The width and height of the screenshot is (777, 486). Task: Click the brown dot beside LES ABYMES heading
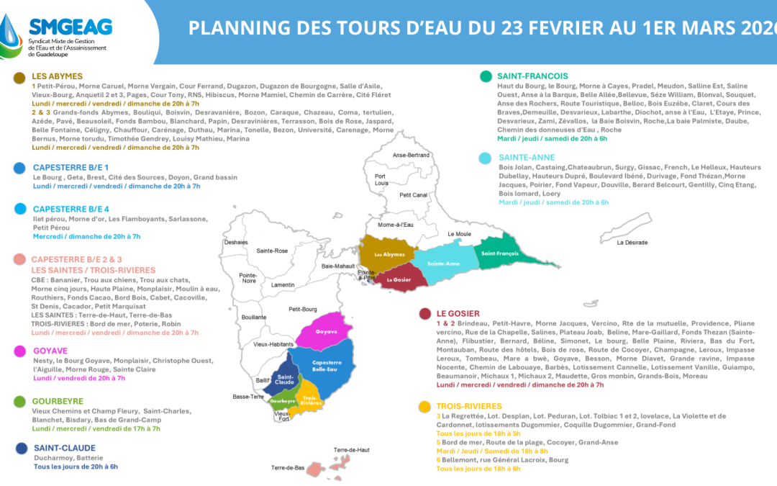[19, 77]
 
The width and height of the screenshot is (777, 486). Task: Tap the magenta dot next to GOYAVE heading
[19, 352]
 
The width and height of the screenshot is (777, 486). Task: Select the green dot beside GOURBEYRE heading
[19, 402]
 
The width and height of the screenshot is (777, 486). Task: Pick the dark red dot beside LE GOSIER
[424, 313]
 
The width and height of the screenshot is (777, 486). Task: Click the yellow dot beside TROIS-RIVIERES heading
[424, 406]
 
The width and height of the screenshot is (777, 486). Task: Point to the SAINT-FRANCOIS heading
[532, 76]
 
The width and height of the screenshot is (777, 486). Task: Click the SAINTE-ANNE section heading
[524, 157]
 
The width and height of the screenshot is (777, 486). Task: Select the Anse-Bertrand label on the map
[411, 156]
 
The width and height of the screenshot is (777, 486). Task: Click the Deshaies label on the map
[235, 242]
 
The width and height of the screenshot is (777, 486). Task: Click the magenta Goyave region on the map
[326, 332]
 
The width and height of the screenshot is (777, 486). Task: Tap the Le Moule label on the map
[459, 234]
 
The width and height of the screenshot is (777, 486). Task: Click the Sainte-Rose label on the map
[272, 251]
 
